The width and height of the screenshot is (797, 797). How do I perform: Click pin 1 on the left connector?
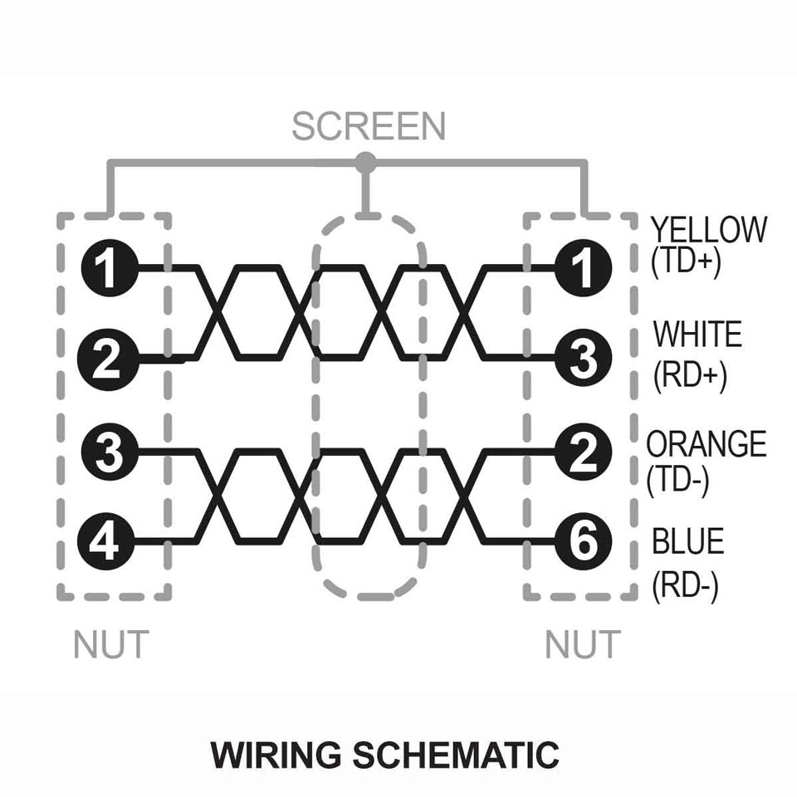[x=110, y=267]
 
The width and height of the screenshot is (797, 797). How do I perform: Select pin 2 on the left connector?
[x=108, y=359]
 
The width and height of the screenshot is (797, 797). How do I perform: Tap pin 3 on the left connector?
[x=110, y=452]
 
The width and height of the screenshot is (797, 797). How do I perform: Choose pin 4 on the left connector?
[x=105, y=541]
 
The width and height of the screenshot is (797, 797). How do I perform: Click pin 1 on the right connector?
[x=583, y=267]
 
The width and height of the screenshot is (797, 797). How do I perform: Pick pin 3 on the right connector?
[x=583, y=359]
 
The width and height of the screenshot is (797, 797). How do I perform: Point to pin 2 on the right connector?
[x=583, y=452]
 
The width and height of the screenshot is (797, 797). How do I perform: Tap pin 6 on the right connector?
[x=583, y=541]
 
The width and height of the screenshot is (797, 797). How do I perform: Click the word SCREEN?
[x=369, y=126]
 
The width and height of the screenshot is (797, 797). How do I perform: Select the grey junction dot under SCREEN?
[x=365, y=163]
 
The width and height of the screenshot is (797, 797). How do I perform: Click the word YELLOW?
[x=709, y=230]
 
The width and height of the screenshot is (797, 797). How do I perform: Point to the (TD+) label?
[x=686, y=262]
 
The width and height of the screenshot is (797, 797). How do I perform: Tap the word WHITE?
[x=697, y=334]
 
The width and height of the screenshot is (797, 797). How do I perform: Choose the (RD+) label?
[x=690, y=376]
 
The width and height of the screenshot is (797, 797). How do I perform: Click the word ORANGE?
[x=707, y=443]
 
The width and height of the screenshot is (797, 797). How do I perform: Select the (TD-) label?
[x=677, y=481]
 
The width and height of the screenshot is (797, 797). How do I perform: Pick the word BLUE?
[x=687, y=541]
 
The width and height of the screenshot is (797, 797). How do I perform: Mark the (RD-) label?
[x=685, y=586]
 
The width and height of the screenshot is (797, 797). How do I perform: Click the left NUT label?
[x=111, y=644]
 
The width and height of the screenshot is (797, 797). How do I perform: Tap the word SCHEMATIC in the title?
[x=456, y=755]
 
